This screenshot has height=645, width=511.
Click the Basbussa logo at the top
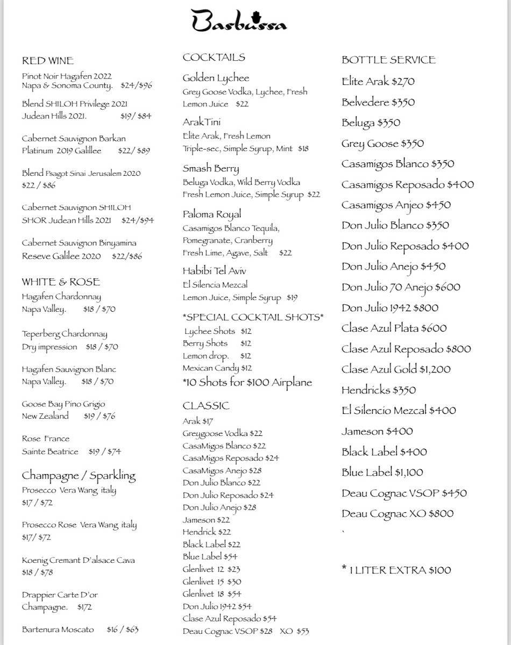coord(239,22)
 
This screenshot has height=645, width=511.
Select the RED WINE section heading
coord(48,61)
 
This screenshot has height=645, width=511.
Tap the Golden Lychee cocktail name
coord(216,78)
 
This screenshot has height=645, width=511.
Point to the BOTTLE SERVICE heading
coord(388,60)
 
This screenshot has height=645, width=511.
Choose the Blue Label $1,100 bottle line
coord(382,472)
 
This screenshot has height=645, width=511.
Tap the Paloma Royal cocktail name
coord(211,214)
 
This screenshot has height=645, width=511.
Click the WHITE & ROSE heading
coord(61,282)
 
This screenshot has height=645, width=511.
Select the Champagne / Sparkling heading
coord(79,476)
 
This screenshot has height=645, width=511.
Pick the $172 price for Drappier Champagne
coord(84,607)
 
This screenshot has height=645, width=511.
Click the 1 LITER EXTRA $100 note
coord(396,570)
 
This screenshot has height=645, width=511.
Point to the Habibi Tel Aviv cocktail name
coord(214,271)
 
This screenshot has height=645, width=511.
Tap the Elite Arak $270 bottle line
coord(378,82)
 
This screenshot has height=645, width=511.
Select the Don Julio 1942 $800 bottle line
coord(389,308)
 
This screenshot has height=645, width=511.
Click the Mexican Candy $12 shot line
coord(217,368)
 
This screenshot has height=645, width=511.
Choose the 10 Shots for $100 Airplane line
coord(247,383)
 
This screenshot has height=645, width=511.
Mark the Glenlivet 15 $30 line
coord(211,582)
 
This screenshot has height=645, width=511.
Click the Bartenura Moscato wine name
coord(58,629)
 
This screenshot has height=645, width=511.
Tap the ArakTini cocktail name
coord(201,123)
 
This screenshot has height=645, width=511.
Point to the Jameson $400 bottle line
coord(377,431)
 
